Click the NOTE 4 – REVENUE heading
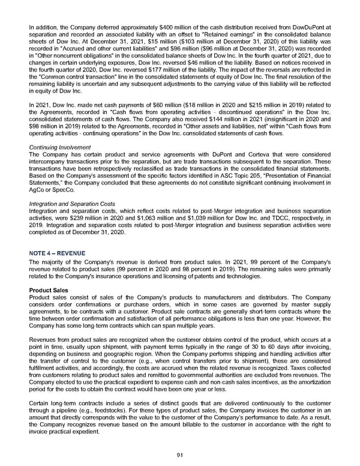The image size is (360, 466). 57,253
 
